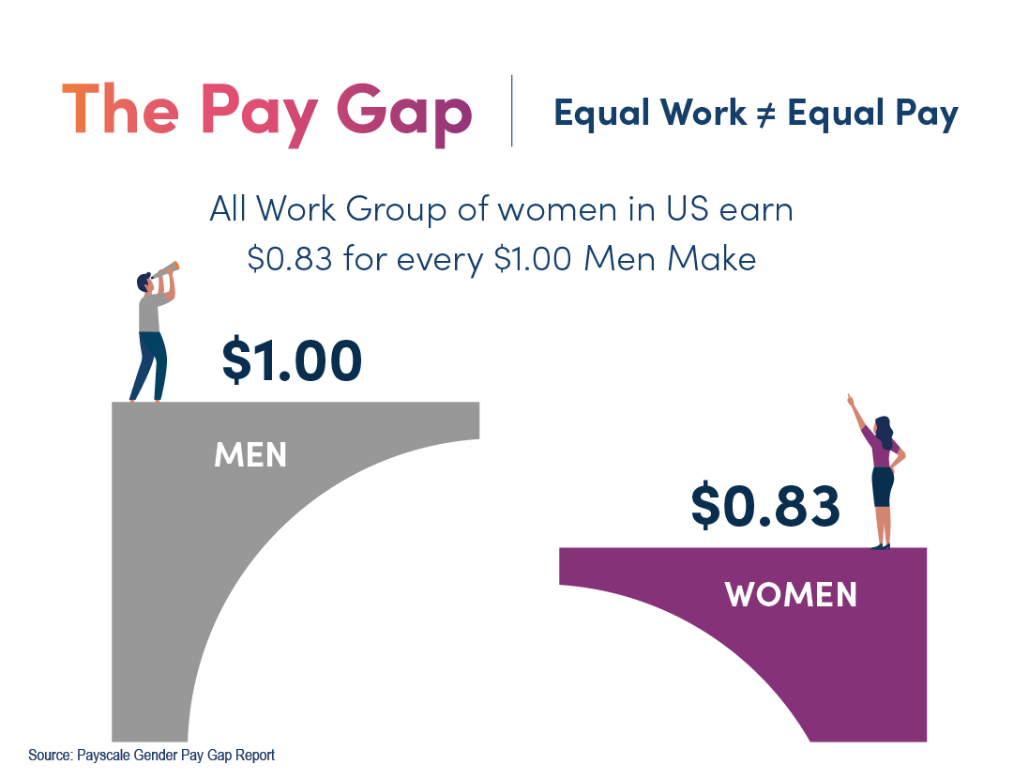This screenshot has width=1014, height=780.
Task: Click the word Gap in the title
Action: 404,115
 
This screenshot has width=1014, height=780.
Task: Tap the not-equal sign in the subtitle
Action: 765,115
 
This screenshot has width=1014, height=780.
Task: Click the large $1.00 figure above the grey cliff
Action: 292,359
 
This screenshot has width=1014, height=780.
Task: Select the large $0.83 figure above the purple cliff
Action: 765,506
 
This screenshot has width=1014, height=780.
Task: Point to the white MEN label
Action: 250,454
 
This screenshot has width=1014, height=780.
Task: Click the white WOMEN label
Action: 791,594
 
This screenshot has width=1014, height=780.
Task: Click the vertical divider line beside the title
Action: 511,111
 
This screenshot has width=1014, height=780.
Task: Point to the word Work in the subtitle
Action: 704,113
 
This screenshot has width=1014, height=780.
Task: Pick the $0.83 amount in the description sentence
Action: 290,259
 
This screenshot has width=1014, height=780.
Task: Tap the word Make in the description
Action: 711,259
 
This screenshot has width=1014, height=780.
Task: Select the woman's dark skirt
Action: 883,486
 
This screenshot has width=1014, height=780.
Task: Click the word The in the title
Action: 120,109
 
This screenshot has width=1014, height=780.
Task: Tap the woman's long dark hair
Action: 884,432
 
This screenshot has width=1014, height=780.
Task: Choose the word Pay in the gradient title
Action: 260,115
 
